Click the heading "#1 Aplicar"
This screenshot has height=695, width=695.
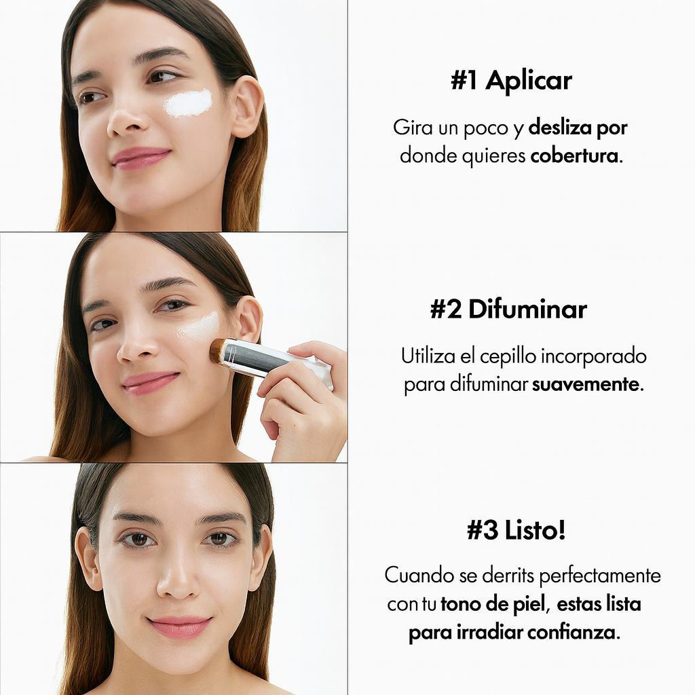coord(511,81)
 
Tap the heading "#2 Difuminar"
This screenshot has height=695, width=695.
coord(508,309)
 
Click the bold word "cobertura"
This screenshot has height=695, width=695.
coord(575,155)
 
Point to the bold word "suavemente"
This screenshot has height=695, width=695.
coord(586,385)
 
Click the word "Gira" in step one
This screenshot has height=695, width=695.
coord(413,127)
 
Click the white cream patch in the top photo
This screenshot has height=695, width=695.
coord(188,103)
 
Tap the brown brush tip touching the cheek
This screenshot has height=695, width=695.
coord(218,350)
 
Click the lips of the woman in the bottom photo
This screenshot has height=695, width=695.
coord(179,626)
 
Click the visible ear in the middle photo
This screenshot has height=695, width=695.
coord(249,318)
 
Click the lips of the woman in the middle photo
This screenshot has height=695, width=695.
coord(151,382)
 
